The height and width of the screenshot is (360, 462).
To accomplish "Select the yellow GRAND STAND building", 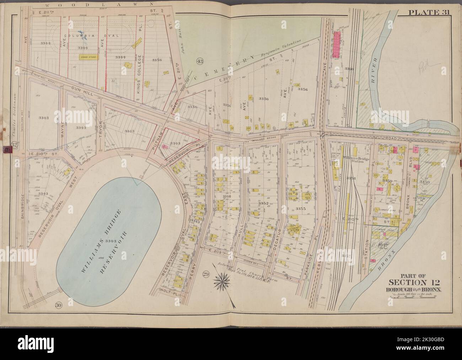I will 85,56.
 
